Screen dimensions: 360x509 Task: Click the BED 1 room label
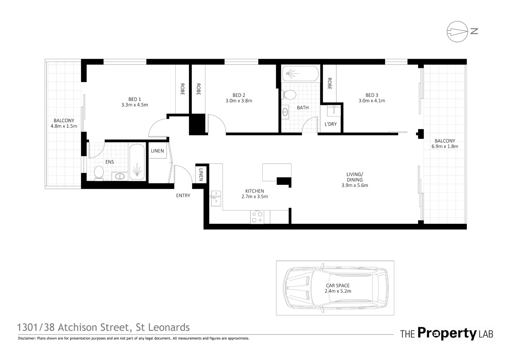[134, 99]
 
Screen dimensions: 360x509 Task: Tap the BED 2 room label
[239, 95]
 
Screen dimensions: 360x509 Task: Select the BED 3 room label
[372, 95]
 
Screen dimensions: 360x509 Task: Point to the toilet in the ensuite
[99, 173]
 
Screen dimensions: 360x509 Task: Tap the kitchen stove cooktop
[257, 217]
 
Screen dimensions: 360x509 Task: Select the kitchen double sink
[215, 198]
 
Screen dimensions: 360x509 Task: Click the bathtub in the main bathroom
[300, 73]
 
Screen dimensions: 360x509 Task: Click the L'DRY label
[331, 124]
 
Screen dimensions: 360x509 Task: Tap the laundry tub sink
[334, 111]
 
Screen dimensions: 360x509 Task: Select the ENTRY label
[183, 196]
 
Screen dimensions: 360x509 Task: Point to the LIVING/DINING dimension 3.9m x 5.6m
[355, 185]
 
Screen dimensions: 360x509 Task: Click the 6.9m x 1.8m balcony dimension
[445, 146]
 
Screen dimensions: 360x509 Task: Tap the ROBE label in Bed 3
[329, 84]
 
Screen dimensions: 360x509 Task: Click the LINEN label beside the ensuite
[157, 151]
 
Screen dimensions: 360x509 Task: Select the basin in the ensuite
[120, 176]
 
